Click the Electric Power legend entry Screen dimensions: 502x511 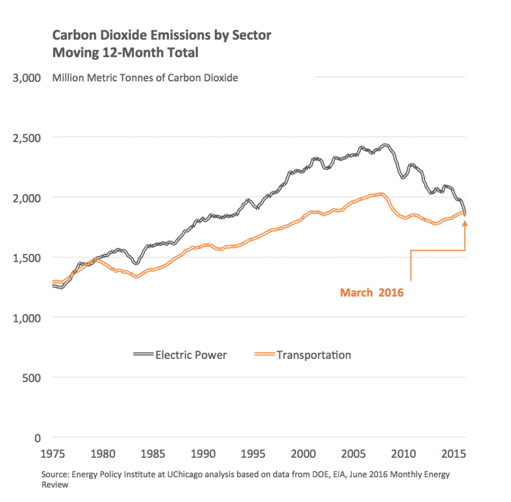(x=191, y=355)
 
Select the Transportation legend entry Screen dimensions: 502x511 (x=314, y=355)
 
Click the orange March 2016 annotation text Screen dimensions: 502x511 (x=372, y=293)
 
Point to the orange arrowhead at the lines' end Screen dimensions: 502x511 (x=465, y=223)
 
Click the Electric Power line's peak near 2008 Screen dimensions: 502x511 (x=385, y=145)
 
